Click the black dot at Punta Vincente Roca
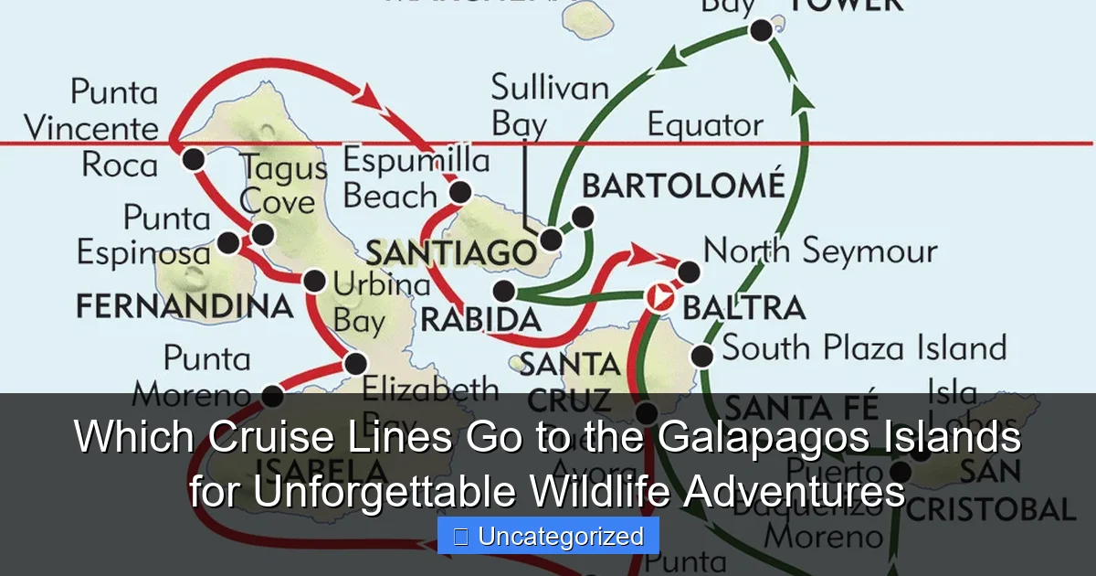coord(193,160)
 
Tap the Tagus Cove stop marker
coord(262,234)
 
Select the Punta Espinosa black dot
coord(228,243)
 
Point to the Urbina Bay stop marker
coord(314,281)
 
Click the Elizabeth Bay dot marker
coord(355,364)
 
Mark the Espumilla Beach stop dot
coord(460,192)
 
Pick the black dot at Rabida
coord(503,292)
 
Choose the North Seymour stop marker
coord(690,272)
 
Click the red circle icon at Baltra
coord(659,298)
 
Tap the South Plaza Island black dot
coord(701,356)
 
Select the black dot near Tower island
coord(761,31)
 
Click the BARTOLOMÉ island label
coord(683,186)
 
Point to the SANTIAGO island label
coord(451,252)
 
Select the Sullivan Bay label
coord(549,106)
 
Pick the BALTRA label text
coord(743,307)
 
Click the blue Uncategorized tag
coord(548,537)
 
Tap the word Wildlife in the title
coord(594,493)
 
